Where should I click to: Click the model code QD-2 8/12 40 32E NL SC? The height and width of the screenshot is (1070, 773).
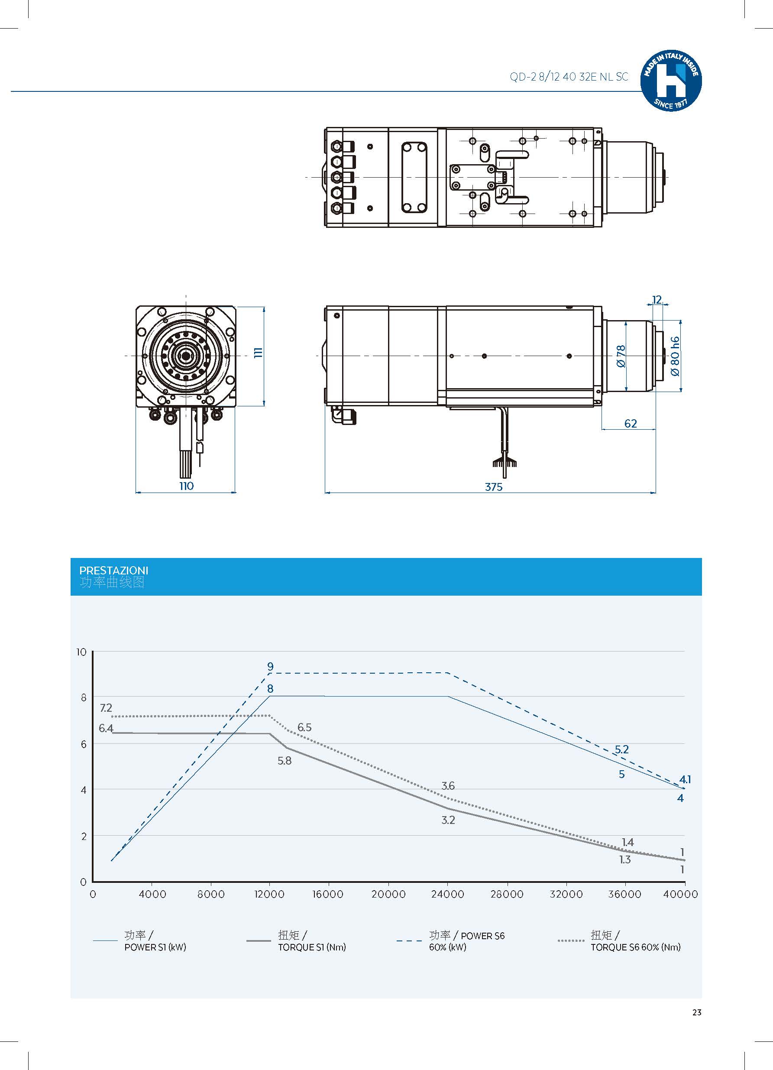tap(568, 77)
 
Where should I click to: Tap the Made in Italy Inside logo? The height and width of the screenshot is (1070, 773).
tap(670, 81)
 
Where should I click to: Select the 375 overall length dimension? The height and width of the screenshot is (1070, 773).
tap(493, 486)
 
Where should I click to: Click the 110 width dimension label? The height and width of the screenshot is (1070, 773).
tap(186, 486)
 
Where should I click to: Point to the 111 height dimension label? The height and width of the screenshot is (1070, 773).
tap(258, 353)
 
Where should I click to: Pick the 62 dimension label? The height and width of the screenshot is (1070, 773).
tap(630, 423)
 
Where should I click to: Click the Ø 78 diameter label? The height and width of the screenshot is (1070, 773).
tap(620, 356)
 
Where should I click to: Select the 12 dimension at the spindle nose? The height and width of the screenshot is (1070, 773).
tap(657, 300)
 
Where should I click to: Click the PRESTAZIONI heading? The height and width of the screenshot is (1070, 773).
tap(113, 571)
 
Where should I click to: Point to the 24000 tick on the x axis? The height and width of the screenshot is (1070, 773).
tap(447, 894)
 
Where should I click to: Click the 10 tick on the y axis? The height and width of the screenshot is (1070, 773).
tap(81, 652)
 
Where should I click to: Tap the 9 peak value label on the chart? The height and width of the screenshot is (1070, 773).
tap(270, 667)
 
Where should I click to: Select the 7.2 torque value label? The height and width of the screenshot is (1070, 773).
tap(106, 708)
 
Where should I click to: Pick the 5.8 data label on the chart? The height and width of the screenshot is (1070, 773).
tap(285, 761)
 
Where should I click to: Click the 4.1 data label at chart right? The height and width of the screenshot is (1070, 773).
tap(685, 779)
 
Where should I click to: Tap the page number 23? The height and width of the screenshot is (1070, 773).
tap(697, 1012)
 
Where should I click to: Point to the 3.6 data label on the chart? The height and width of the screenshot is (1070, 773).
tap(448, 785)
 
